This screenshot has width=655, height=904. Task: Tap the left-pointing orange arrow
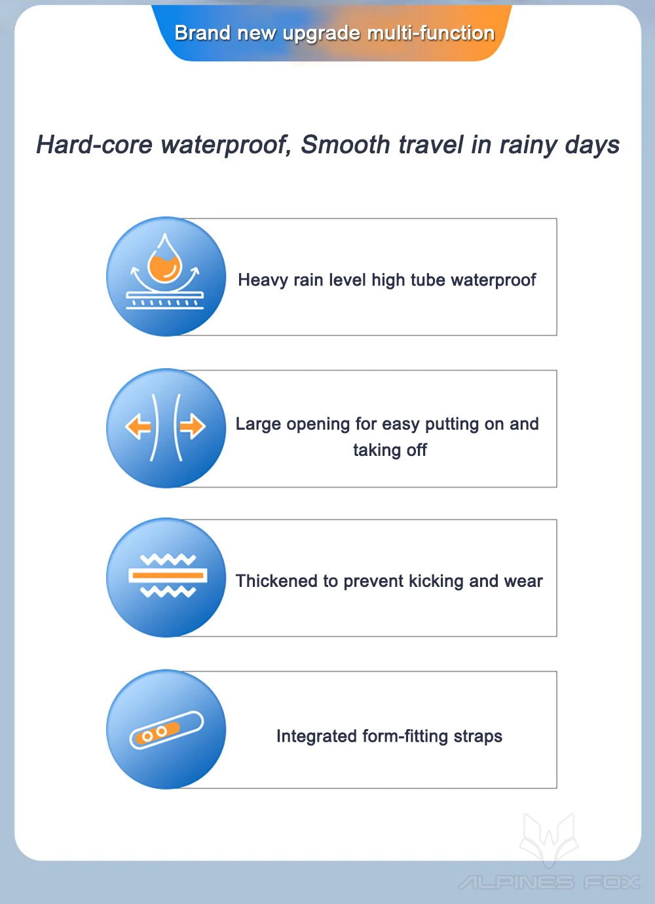[x=138, y=426]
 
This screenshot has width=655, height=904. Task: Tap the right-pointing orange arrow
[x=193, y=426]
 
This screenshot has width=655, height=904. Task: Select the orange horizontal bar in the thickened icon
[x=168, y=576]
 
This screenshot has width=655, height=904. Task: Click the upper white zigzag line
[x=168, y=559]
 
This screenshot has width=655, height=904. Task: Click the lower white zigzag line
[x=168, y=592]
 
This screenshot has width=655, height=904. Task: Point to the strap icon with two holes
[x=166, y=730]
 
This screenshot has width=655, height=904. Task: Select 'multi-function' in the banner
[x=431, y=33]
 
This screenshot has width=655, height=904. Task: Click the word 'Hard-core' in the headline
[x=94, y=145]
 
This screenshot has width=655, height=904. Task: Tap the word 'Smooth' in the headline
[x=345, y=145]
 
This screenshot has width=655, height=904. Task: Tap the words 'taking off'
[x=390, y=450]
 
